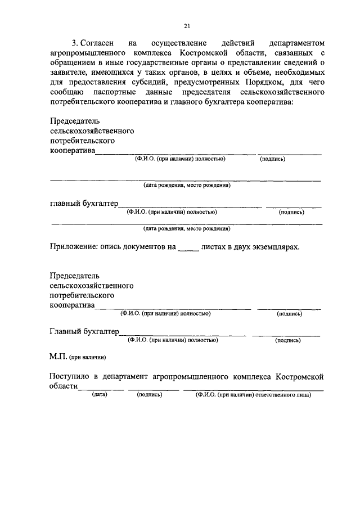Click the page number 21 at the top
[187, 25]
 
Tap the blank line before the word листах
[188, 248]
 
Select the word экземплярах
[272, 246]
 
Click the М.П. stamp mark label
[58, 357]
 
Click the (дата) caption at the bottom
[100, 395]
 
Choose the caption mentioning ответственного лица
[254, 395]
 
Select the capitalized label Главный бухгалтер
[84, 332]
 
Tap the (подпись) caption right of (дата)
[150, 395]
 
